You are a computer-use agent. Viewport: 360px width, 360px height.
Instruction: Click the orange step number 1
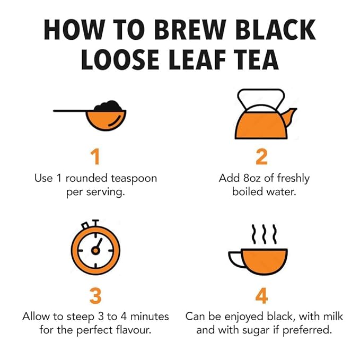click(95, 157)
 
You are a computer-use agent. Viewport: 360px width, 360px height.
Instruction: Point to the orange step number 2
click(261, 157)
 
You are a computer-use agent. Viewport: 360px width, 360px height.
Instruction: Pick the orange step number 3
click(95, 296)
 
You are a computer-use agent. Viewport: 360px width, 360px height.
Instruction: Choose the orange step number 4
click(261, 296)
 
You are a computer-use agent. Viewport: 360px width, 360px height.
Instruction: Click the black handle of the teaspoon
click(69, 110)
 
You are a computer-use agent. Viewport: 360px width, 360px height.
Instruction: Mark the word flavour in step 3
click(133, 330)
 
